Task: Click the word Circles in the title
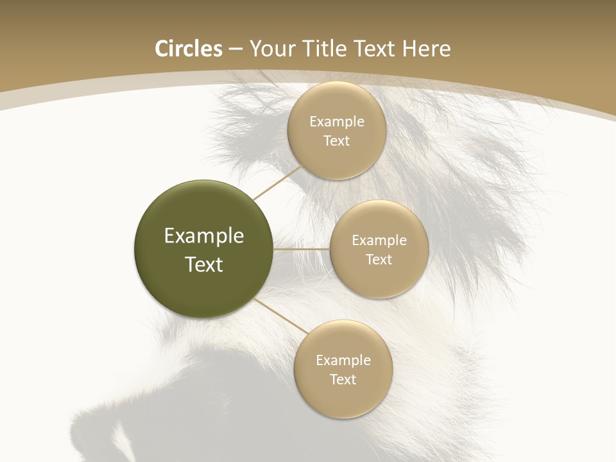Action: click(x=189, y=49)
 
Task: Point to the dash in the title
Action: click(x=235, y=49)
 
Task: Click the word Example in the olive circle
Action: click(x=204, y=236)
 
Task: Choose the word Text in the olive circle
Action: click(x=204, y=264)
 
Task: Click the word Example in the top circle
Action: click(x=337, y=121)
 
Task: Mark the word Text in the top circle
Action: click(x=337, y=141)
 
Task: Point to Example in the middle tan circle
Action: click(x=379, y=240)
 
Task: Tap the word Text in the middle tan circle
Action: click(x=379, y=259)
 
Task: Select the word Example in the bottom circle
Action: click(x=343, y=360)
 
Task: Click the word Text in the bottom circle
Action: click(x=343, y=379)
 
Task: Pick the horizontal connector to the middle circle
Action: click(x=302, y=249)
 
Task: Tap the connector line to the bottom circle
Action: click(x=280, y=316)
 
